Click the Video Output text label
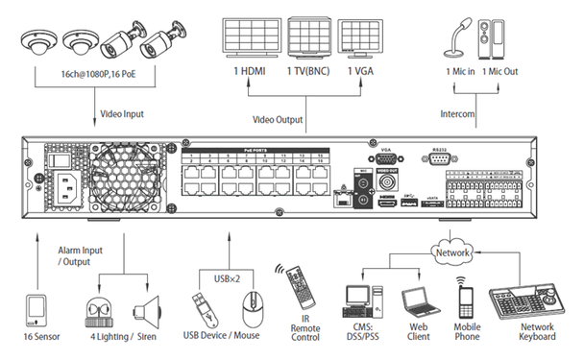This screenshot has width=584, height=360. point(279,121)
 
